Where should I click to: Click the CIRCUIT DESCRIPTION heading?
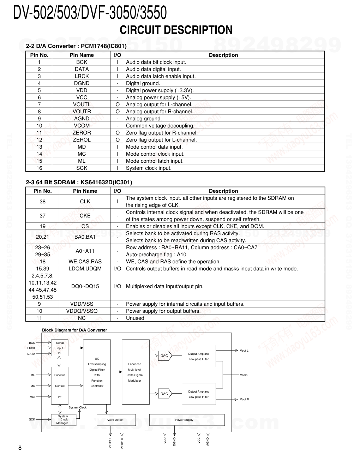click(x=176, y=30)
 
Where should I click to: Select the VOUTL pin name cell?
click(x=82, y=104)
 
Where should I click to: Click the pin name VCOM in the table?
click(x=82, y=126)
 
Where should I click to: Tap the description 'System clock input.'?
click(x=149, y=168)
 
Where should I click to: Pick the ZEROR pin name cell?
click(x=82, y=133)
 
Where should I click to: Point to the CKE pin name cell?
click(x=85, y=216)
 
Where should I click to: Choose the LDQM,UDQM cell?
click(x=85, y=269)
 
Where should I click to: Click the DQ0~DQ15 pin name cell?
click(x=85, y=286)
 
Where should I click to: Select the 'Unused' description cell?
click(x=135, y=318)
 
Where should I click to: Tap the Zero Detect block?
click(x=116, y=420)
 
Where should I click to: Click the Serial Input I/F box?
click(x=60, y=348)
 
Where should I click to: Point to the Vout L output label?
click(x=244, y=351)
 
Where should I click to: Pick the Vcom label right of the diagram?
click(x=244, y=375)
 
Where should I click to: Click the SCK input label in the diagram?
click(x=32, y=419)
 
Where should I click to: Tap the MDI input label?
click(x=32, y=397)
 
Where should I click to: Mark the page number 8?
click(x=20, y=448)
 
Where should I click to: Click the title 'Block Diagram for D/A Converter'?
click(x=74, y=330)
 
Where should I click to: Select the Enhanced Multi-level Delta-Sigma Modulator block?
click(x=134, y=372)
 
